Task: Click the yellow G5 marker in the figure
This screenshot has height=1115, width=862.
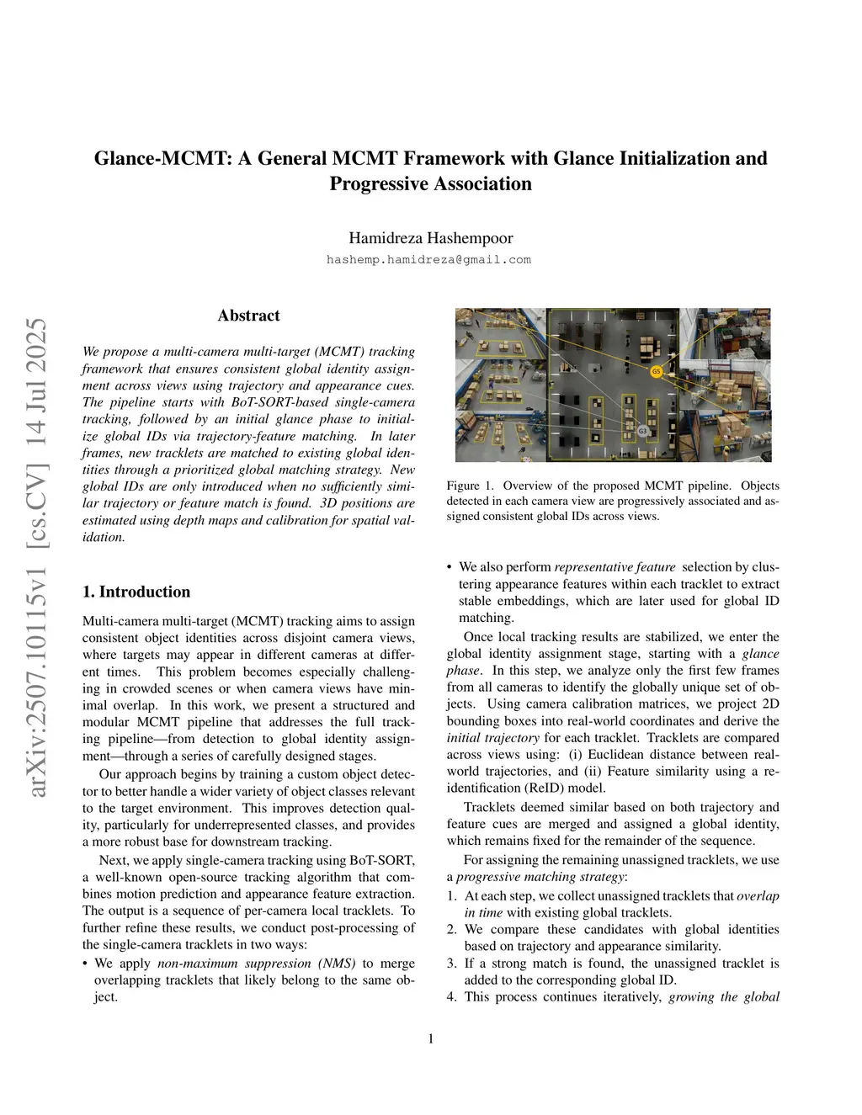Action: coord(657,371)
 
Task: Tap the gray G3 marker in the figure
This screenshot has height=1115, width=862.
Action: coord(642,431)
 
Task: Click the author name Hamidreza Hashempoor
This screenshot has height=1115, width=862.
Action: coord(430,238)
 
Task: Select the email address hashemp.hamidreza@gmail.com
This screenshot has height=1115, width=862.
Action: coord(428,260)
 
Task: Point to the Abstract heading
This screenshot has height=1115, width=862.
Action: coord(248,316)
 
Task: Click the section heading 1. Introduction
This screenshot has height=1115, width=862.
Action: coord(136,592)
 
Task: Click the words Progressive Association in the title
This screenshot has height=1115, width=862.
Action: coord(430,183)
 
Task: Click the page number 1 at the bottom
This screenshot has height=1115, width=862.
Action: coord(431,1038)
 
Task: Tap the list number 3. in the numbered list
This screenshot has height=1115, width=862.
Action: coord(452,963)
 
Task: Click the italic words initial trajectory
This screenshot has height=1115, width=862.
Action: coord(493,737)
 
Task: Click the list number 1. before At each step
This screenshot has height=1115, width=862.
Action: coord(452,895)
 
